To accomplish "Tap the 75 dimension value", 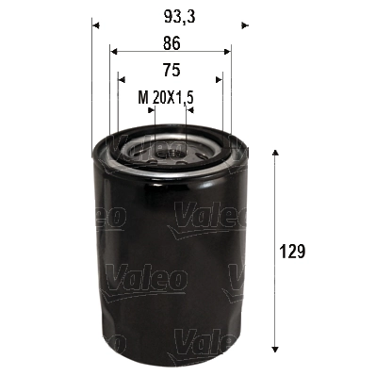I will (x=171, y=70).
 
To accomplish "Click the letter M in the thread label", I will (x=143, y=97).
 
